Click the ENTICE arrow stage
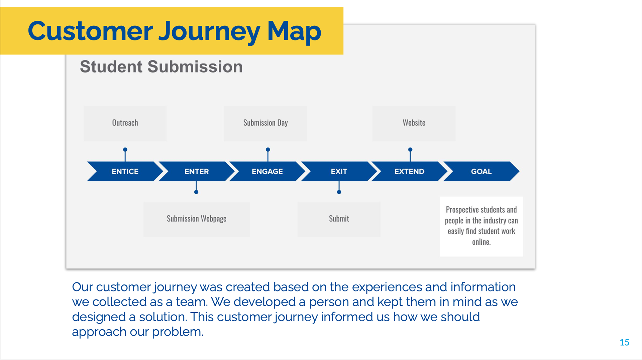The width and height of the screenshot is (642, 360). click(x=125, y=171)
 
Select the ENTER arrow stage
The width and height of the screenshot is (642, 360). click(x=197, y=171)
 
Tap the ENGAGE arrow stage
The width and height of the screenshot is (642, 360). click(x=267, y=171)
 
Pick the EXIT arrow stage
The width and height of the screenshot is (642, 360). click(x=339, y=171)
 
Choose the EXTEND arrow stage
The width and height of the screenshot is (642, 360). click(x=410, y=171)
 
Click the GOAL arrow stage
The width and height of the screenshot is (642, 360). click(x=481, y=171)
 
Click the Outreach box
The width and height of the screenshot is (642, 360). click(x=125, y=123)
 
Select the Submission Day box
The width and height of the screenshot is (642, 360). click(x=265, y=123)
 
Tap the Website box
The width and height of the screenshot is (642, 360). click(x=414, y=123)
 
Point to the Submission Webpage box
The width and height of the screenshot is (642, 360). click(x=197, y=219)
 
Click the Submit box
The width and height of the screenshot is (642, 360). click(x=339, y=219)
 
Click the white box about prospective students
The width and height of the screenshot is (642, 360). click(x=481, y=226)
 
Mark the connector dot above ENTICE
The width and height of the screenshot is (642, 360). click(x=125, y=149)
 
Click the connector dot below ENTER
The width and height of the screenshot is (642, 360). click(x=196, y=192)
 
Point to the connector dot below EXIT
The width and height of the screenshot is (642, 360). click(x=339, y=192)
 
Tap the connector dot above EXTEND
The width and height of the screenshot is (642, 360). click(x=410, y=149)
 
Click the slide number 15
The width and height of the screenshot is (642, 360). click(x=624, y=342)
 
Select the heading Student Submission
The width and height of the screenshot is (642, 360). click(x=161, y=67)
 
